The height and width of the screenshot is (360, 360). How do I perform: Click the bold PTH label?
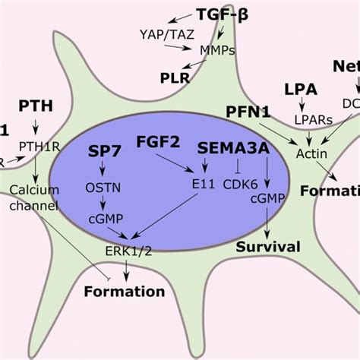pos(35,105)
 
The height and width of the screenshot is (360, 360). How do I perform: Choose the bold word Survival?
pos(267,246)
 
